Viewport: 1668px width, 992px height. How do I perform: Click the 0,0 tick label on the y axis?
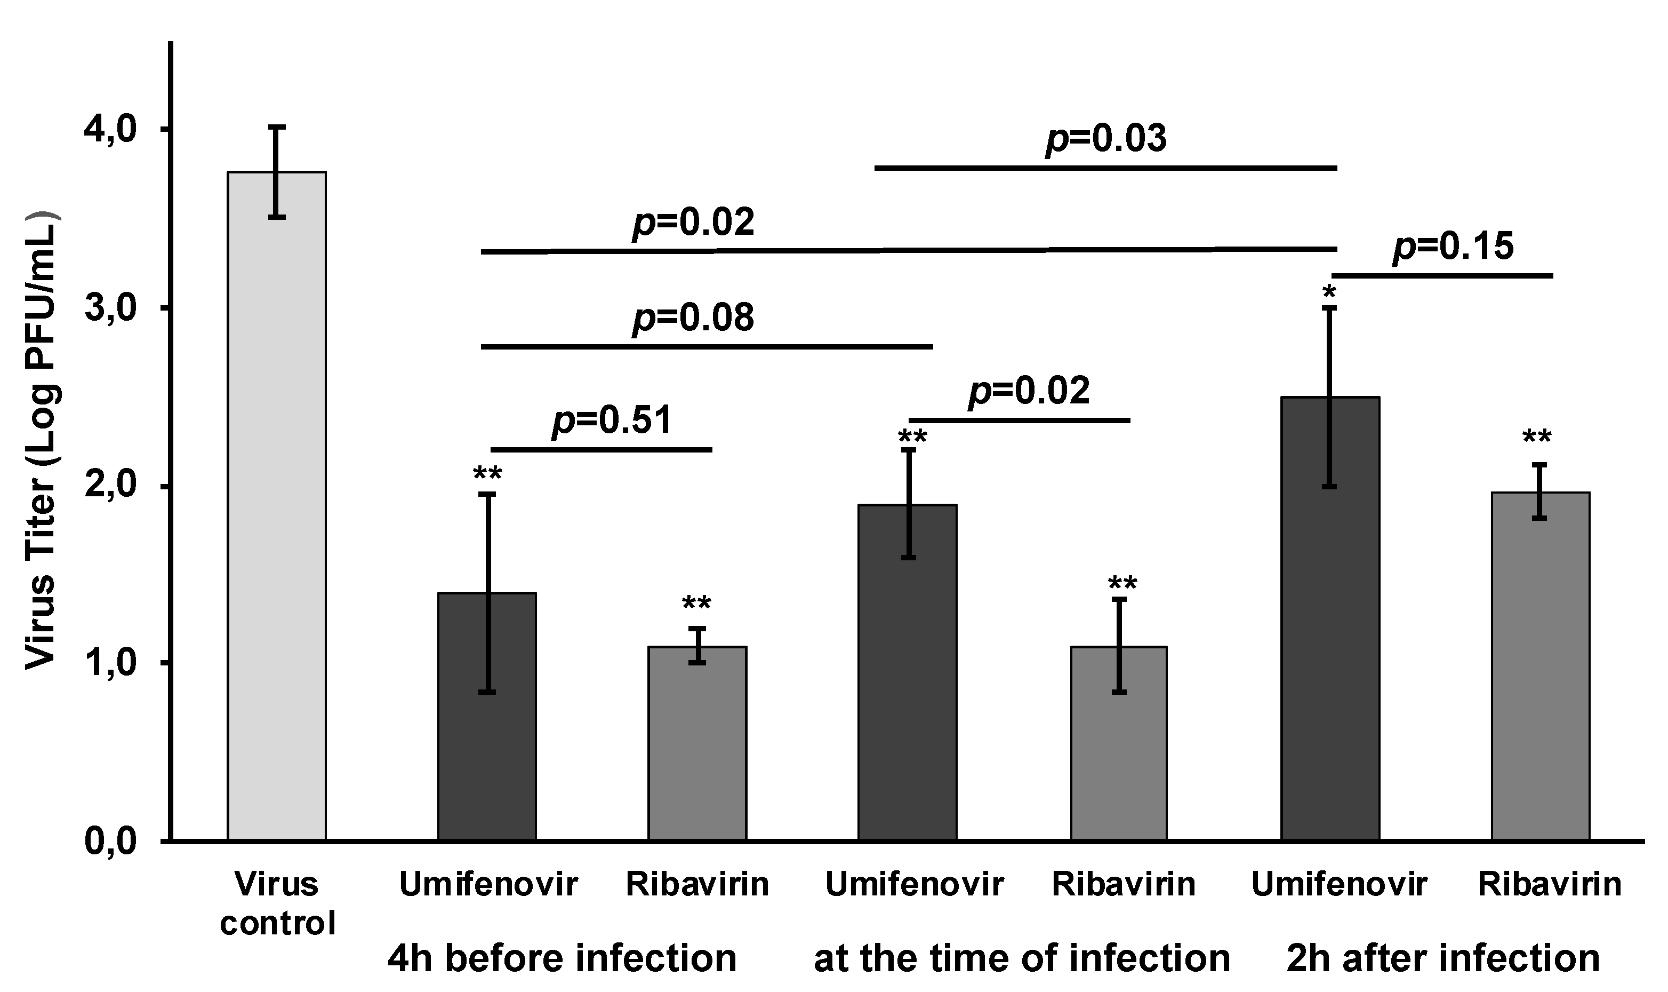coord(110,841)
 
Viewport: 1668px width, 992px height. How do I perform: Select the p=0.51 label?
coord(611,420)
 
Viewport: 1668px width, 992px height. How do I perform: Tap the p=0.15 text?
coord(1453,246)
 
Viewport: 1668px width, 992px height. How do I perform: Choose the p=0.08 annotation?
coord(693,317)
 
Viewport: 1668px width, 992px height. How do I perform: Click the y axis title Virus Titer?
coord(42,441)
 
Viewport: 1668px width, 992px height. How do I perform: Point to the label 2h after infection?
coord(1443,958)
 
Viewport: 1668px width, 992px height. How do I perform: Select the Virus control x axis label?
coord(277,904)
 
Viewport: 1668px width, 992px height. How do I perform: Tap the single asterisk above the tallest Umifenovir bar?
coord(1329,292)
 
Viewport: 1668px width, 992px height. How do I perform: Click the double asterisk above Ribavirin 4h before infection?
coord(697,604)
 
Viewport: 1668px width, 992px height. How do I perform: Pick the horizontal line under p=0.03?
coord(1105,168)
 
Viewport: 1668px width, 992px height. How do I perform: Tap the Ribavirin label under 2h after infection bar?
coord(1549,884)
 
